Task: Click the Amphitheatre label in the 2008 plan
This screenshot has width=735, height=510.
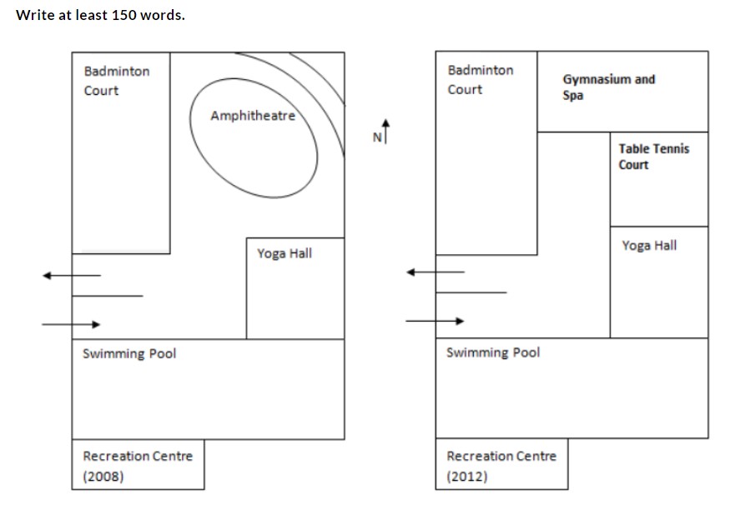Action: [253, 115]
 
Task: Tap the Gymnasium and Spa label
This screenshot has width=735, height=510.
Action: [608, 87]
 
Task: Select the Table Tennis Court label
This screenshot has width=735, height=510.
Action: [653, 157]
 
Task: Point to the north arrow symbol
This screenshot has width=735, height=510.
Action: [385, 131]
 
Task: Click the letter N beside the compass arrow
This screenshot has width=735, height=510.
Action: [377, 137]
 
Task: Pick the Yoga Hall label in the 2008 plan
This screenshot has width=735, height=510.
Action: [284, 253]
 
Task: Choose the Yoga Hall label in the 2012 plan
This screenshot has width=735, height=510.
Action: [649, 245]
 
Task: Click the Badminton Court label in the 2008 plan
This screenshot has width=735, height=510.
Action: [117, 81]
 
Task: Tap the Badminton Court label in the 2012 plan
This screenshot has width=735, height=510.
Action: [481, 80]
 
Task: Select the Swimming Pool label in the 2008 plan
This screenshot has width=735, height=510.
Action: [129, 353]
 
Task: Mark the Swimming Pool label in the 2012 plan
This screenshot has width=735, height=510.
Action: [493, 352]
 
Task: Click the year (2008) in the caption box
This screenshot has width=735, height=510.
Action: [103, 477]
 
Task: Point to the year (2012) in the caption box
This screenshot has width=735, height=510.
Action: [467, 477]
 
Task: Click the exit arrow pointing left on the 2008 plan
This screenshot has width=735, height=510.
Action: [72, 275]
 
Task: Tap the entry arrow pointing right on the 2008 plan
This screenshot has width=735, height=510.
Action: [71, 324]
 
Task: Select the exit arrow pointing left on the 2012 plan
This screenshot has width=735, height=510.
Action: [435, 272]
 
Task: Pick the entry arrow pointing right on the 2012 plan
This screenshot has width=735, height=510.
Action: [435, 321]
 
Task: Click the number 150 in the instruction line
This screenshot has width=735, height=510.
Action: [123, 15]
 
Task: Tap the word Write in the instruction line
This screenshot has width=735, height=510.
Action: [35, 15]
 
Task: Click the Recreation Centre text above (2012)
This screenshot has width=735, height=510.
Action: [501, 456]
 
